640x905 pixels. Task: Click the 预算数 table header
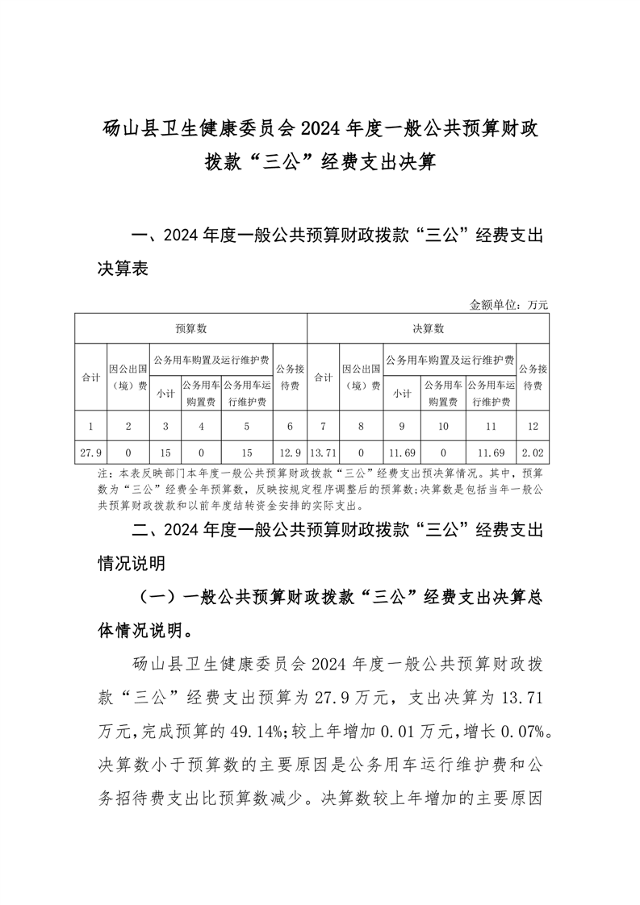click(x=191, y=328)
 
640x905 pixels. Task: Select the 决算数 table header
click(x=428, y=328)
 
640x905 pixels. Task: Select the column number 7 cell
click(x=323, y=424)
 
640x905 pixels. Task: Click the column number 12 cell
click(x=533, y=424)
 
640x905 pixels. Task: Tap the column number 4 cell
click(x=201, y=424)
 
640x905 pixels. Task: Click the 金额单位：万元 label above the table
click(x=508, y=305)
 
